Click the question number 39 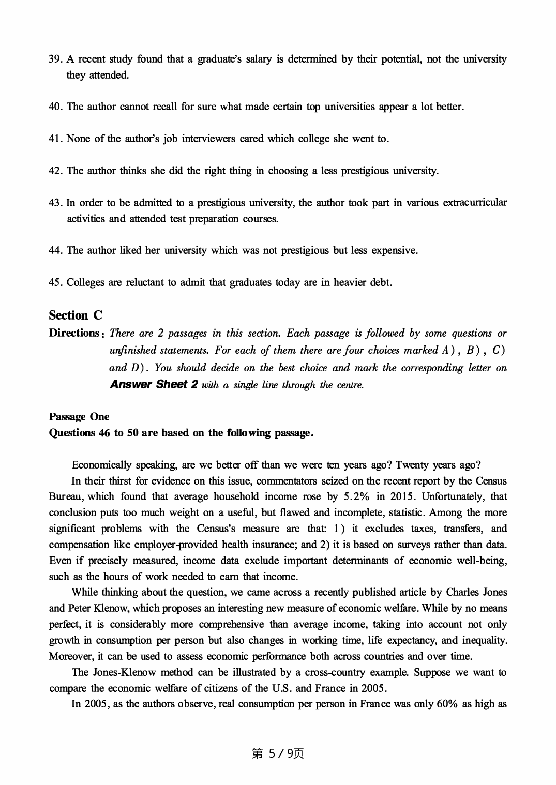pyautogui.click(x=55, y=59)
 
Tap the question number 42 pyautogui.click(x=55, y=171)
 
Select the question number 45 pyautogui.click(x=55, y=283)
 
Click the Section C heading pyautogui.click(x=76, y=315)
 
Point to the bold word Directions pyautogui.click(x=74, y=333)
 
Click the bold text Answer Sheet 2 pyautogui.click(x=154, y=384)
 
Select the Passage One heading pyautogui.click(x=79, y=417)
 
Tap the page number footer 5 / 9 pyautogui.click(x=278, y=753)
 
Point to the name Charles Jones pyautogui.click(x=476, y=592)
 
